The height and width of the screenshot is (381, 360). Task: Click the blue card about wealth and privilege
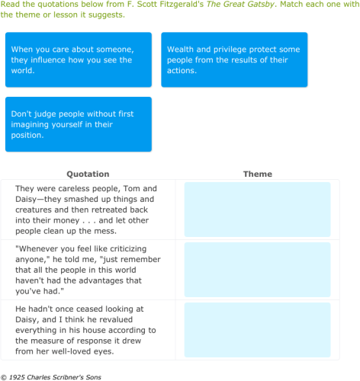click(x=234, y=59)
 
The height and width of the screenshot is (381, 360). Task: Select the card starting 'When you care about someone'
click(x=79, y=59)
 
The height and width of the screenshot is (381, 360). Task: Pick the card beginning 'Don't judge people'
click(x=79, y=124)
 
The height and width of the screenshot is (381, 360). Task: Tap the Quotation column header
click(x=88, y=174)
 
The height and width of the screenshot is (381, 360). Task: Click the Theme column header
click(x=257, y=174)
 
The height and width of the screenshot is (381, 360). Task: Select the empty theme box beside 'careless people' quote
click(x=257, y=210)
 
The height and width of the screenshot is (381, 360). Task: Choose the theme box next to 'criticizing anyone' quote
click(x=257, y=270)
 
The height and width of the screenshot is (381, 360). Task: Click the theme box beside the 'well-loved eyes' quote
click(x=257, y=330)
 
